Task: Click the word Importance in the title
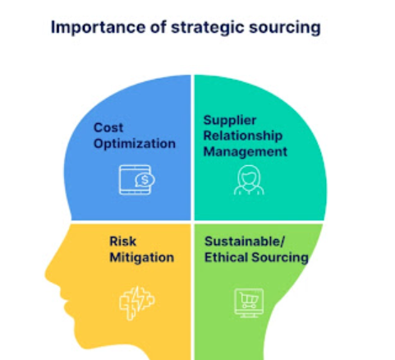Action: coord(98,28)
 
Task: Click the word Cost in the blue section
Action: coord(108,127)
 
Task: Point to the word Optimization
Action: coord(135,144)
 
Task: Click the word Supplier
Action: coord(230,121)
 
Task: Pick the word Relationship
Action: coord(243,136)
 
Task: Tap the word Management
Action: coord(246,151)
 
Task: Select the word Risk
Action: coord(122,242)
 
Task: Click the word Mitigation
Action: coord(142,257)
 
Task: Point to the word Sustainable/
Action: coord(245,242)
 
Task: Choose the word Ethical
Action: coord(226,257)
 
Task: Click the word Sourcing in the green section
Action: coord(280,258)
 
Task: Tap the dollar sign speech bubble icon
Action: coord(145,180)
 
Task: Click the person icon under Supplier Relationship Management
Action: coord(249,180)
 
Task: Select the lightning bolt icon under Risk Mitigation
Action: coord(137,303)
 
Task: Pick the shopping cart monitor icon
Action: coord(249,302)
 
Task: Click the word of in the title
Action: coord(158,27)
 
